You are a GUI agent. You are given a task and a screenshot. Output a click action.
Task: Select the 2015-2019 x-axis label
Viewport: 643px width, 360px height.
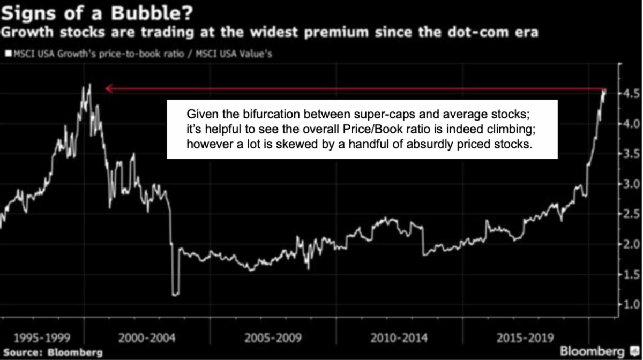pyautogui.click(x=519, y=339)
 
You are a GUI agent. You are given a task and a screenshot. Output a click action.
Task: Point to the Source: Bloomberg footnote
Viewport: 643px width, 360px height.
pyautogui.click(x=52, y=353)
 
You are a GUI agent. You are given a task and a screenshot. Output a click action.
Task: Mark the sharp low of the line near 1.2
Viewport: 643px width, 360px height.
pyautogui.click(x=175, y=294)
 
